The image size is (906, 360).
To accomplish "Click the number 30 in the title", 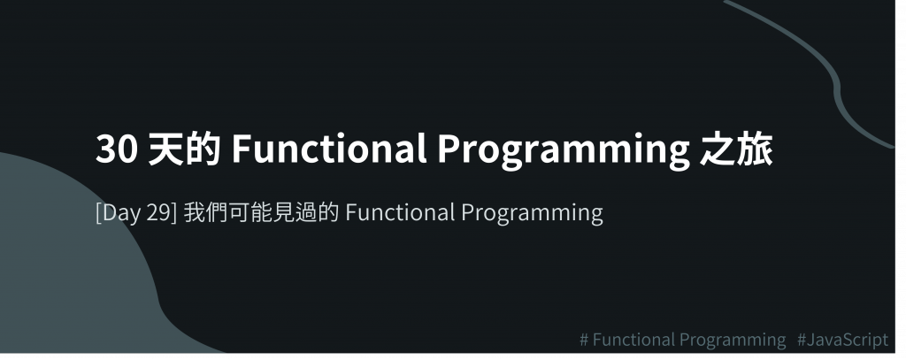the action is tap(117, 149).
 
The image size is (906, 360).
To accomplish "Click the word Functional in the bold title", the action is tap(329, 148).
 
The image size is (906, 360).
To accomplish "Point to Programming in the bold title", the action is tap(564, 151).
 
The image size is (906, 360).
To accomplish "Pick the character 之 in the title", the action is tap(717, 149).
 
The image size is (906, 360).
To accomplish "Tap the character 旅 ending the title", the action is tap(755, 149).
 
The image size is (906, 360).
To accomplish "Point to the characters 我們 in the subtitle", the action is tap(205, 212).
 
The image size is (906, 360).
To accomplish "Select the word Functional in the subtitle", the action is tap(401, 212).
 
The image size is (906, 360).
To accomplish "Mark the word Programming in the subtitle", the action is tap(532, 214).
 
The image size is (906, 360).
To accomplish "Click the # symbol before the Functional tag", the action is tap(584, 340).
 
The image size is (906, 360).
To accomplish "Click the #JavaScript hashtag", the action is tap(842, 341).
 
